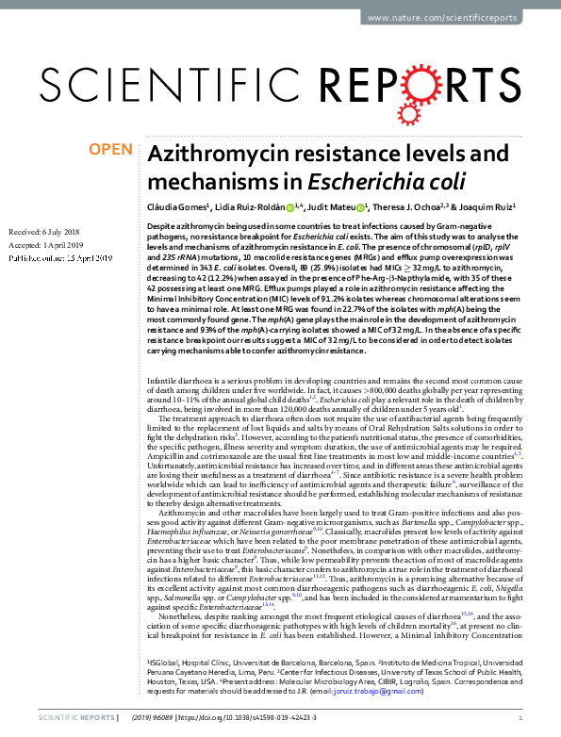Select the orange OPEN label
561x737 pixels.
pos(109,148)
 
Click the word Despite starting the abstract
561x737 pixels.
pos(163,229)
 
